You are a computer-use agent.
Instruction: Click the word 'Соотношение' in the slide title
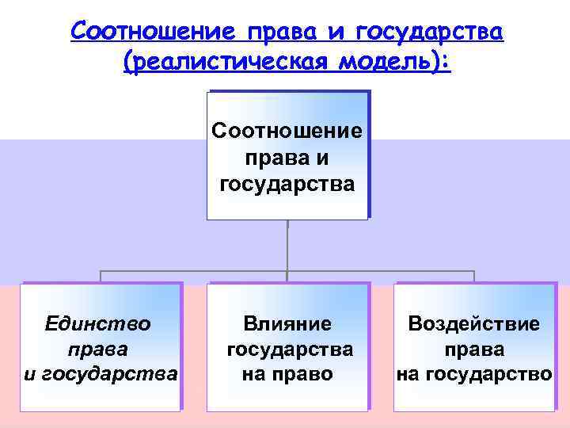(x=154, y=32)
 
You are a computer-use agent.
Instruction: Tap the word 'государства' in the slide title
(x=431, y=32)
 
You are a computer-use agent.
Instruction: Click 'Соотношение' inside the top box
(x=287, y=131)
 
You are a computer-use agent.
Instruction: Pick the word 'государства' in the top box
(x=287, y=185)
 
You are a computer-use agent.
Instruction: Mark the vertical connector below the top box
(x=287, y=246)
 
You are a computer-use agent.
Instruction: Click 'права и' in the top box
(x=287, y=159)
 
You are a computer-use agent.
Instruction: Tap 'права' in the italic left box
(x=99, y=349)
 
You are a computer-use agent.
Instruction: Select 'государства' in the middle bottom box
(x=289, y=349)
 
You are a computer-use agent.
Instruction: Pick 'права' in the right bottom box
(x=474, y=349)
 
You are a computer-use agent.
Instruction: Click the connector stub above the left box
(x=101, y=277)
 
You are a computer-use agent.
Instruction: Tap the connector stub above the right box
(x=474, y=277)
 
